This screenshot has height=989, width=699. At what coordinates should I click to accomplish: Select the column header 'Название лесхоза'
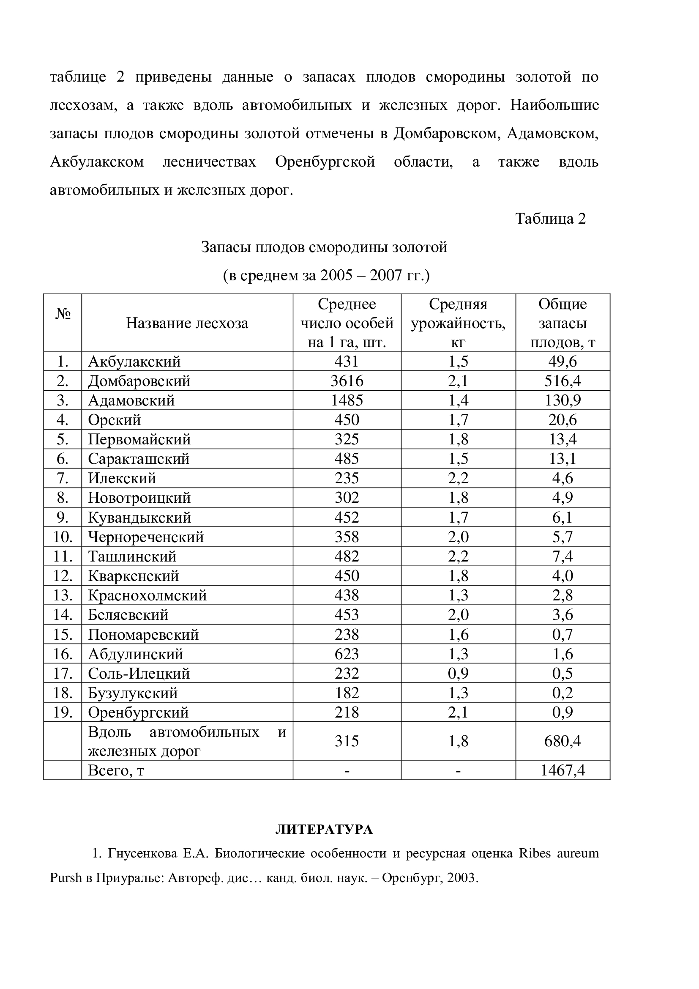(187, 323)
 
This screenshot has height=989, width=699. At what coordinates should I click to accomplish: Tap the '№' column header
(63, 314)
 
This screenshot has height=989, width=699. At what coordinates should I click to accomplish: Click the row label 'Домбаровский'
(139, 381)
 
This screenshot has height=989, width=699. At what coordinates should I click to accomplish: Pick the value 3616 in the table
(347, 381)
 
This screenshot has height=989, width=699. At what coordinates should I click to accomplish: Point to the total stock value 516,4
(562, 381)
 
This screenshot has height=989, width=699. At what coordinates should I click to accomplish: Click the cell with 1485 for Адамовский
(347, 400)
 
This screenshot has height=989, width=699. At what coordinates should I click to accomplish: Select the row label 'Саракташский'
(139, 459)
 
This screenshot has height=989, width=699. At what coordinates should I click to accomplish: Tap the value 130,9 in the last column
(562, 400)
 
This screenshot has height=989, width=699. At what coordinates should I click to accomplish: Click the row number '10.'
(63, 537)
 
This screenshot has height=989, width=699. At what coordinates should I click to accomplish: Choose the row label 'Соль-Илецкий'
(139, 673)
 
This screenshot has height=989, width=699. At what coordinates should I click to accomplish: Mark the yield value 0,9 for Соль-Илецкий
(458, 673)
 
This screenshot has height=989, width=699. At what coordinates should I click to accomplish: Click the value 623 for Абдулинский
(347, 654)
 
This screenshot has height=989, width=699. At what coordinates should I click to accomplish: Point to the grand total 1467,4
(562, 770)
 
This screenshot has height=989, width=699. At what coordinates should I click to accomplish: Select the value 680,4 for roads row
(562, 741)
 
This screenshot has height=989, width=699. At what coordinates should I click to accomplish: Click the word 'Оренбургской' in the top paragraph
(325, 162)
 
